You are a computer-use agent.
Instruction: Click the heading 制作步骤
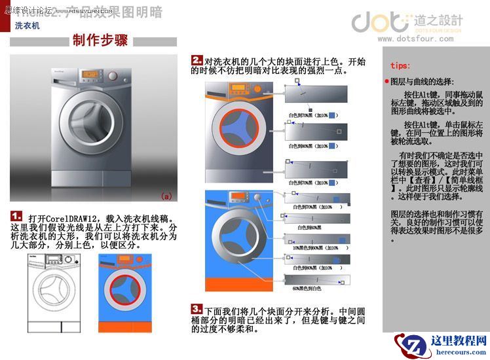pyautogui.click(x=100, y=41)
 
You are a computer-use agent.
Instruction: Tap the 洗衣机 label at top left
pyautogui.click(x=28, y=26)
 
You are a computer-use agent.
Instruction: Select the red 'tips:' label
pyautogui.click(x=400, y=65)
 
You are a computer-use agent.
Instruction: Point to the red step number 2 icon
pyautogui.click(x=197, y=61)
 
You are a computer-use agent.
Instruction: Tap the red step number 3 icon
pyautogui.click(x=197, y=308)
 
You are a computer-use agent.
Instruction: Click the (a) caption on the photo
pyautogui.click(x=166, y=195)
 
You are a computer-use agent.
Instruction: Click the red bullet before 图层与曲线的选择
pyautogui.click(x=386, y=82)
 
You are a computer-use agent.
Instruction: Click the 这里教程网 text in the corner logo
pyautogui.click(x=459, y=341)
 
